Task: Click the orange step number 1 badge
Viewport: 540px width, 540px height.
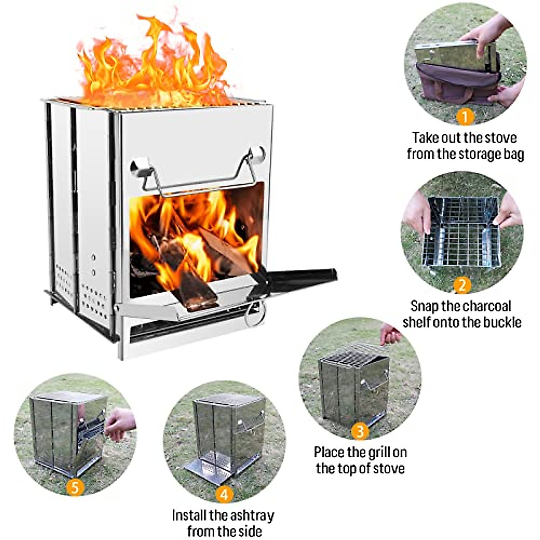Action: point(465,117)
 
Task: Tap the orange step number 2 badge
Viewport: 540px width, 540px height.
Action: point(462,285)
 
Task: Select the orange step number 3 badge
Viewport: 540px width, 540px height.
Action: point(360,432)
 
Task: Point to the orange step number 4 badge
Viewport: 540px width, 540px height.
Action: point(224,495)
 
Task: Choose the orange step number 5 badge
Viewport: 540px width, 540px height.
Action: point(75,487)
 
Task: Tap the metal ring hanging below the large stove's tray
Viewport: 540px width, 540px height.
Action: point(255,314)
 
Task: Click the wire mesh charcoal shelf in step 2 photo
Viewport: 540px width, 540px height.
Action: point(462,234)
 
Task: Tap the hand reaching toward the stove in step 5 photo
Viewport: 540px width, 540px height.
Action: point(119,423)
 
